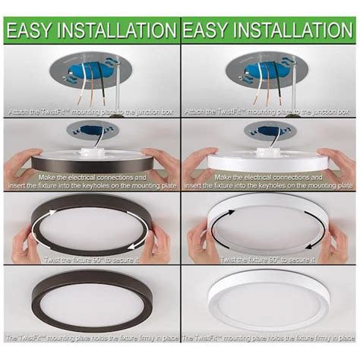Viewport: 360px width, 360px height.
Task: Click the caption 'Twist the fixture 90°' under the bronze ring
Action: (x=90, y=260)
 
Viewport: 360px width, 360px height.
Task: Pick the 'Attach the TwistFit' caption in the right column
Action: (x=270, y=112)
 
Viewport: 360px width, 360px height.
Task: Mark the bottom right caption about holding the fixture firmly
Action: (x=270, y=336)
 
